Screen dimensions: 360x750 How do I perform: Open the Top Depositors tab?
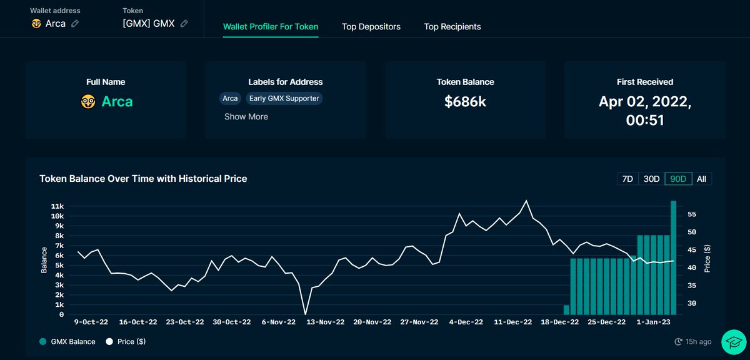(371, 27)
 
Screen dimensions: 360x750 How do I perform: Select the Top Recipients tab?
(452, 27)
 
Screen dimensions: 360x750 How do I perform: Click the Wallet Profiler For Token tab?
(271, 27)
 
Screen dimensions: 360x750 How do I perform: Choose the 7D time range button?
(627, 179)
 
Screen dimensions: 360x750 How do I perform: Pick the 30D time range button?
(651, 179)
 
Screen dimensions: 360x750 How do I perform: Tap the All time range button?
(701, 179)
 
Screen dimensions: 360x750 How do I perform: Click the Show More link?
(246, 117)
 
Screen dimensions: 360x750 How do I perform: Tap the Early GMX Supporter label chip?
(284, 98)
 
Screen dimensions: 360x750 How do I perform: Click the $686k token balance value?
(465, 102)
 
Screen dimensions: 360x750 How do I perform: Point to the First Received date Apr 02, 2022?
(644, 102)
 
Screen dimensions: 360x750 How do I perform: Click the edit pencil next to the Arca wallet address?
(75, 24)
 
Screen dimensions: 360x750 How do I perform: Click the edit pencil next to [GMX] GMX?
(184, 24)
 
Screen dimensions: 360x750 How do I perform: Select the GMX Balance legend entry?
(67, 342)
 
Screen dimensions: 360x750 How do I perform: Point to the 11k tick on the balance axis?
(57, 206)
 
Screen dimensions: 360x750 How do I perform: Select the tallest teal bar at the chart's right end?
(673, 257)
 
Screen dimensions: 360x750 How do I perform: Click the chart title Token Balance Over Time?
(143, 179)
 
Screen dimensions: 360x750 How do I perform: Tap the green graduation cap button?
(733, 342)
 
